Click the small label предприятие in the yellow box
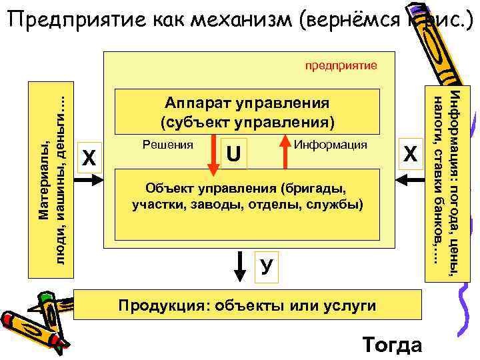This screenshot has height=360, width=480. (x=341, y=65)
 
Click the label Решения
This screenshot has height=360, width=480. (x=168, y=144)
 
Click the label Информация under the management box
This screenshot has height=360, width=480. (x=331, y=144)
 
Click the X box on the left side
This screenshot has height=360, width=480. (x=89, y=157)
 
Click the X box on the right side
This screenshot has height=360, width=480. (x=411, y=155)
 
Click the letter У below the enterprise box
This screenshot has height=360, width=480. (x=266, y=267)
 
